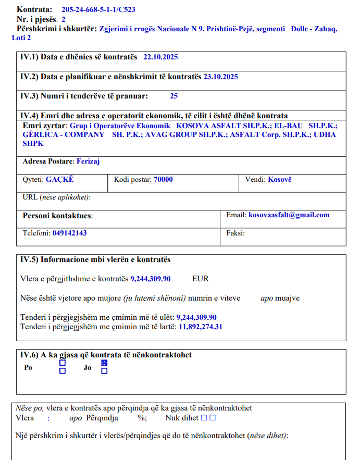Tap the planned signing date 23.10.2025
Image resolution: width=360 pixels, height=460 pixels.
221,77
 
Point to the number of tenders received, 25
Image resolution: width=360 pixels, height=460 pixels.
174,96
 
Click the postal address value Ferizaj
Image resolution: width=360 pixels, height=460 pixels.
88,161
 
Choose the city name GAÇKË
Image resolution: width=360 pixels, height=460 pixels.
60,179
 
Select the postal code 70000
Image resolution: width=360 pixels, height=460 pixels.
163,179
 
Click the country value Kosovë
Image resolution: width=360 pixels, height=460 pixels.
280,179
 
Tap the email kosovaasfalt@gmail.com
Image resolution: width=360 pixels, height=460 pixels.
289,215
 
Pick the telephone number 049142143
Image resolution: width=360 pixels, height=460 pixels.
69,233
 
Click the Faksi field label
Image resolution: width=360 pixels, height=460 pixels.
235,233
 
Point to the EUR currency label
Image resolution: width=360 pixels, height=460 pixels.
201,279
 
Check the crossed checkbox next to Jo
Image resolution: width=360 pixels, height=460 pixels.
104,363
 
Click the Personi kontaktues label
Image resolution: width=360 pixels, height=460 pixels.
57,215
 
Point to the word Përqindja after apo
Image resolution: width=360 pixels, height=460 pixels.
102,418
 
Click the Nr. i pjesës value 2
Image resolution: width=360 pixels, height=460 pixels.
64,19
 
